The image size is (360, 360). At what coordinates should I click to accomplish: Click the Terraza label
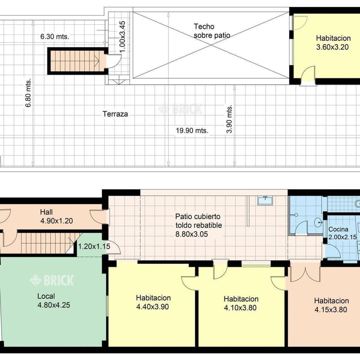point(115,114)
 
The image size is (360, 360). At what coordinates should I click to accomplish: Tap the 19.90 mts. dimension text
point(192,130)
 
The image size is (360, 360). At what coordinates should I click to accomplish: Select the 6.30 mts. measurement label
point(55,37)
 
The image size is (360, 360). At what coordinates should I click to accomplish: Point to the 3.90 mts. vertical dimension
point(230,119)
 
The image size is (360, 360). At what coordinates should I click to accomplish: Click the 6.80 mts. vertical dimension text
point(28,93)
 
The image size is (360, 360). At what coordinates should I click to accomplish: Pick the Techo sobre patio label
point(212,31)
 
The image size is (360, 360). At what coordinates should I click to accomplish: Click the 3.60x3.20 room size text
point(332,47)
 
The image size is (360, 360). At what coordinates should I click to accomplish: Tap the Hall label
point(47,212)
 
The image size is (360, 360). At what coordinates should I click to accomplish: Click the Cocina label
point(338,229)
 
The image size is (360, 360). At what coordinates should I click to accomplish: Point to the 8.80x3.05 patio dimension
point(191,234)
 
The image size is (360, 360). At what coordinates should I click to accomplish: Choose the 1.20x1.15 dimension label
point(94,247)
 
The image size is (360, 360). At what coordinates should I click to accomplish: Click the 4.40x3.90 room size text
point(153,307)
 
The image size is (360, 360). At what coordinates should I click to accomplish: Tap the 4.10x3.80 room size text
point(240,308)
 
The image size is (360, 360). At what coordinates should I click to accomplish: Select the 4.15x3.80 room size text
point(330,310)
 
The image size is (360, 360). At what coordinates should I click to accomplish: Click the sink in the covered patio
point(265,200)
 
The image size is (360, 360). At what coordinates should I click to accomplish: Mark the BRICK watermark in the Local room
point(52,280)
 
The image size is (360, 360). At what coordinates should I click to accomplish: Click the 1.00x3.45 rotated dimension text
point(122,37)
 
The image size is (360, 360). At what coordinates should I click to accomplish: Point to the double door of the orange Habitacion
point(305,271)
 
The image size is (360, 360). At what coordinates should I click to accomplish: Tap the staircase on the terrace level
point(76,61)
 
